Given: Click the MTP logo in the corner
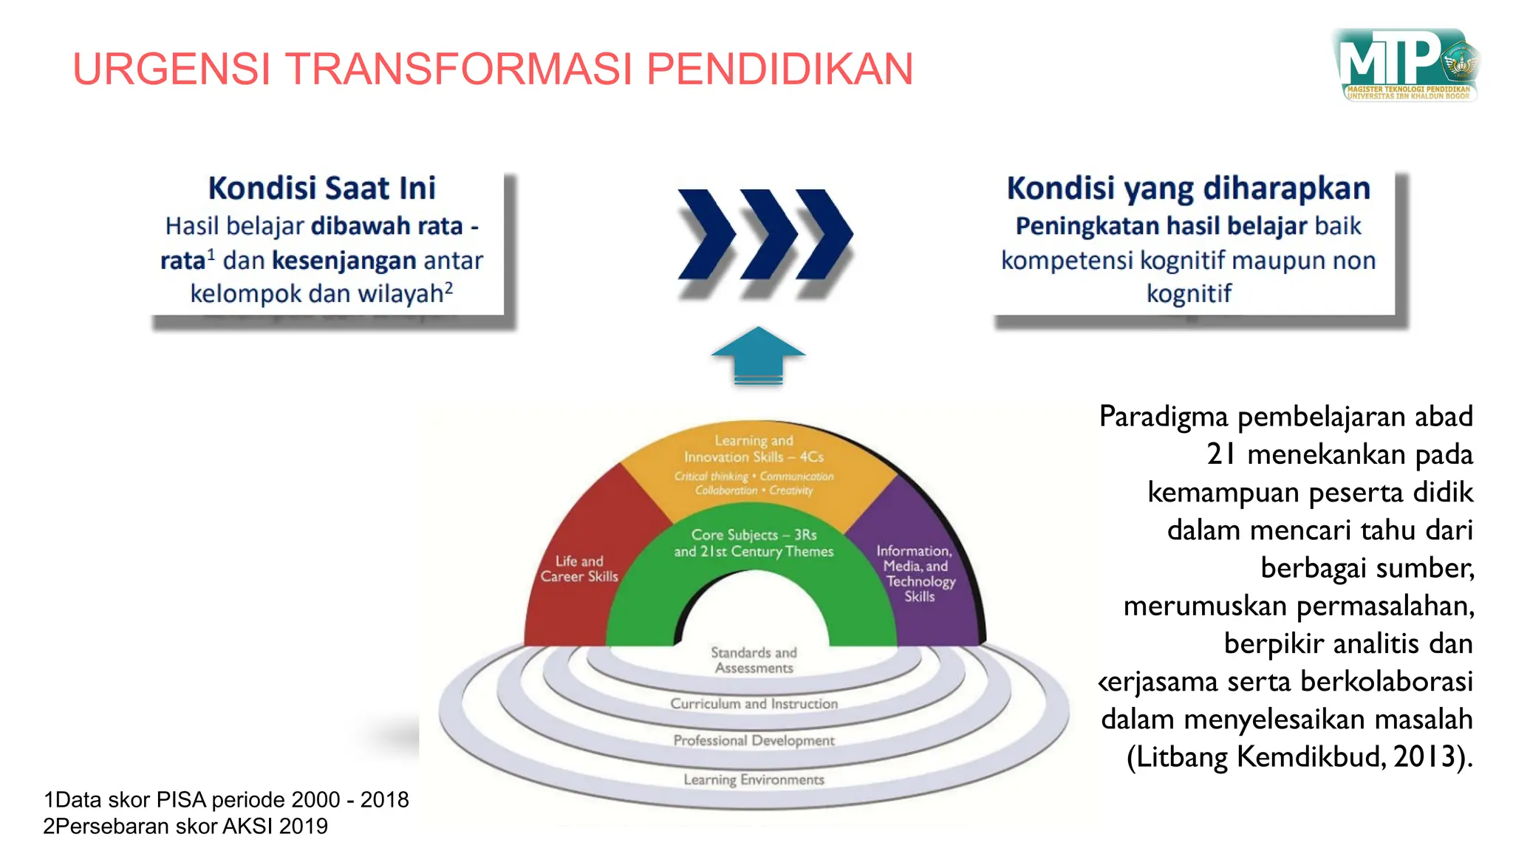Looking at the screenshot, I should tap(1406, 65).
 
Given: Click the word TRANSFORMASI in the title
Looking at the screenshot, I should tap(459, 69).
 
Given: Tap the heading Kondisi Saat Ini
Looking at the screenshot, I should tap(322, 188).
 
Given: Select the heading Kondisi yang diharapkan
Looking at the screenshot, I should tap(1188, 188).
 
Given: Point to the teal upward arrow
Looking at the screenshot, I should tap(758, 355).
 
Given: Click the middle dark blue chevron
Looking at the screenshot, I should tap(768, 234).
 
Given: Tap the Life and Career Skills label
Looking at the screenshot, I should tap(579, 569).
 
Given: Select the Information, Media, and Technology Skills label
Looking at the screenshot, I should tap(916, 573).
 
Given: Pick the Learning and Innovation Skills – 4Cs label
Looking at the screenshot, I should tap(754, 448).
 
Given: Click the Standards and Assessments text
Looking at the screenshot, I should tap(754, 660).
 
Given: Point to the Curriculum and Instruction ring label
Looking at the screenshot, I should tap(754, 704).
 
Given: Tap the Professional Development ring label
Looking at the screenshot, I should tap(754, 740).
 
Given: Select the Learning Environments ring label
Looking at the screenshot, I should tap(754, 779).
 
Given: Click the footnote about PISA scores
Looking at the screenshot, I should tap(226, 799).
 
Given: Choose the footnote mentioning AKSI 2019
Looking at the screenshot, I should tap(185, 826).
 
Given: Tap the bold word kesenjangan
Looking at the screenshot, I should tap(344, 260).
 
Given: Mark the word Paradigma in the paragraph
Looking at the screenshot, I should tap(1163, 417).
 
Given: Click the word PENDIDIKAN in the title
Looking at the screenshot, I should tap(779, 69).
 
